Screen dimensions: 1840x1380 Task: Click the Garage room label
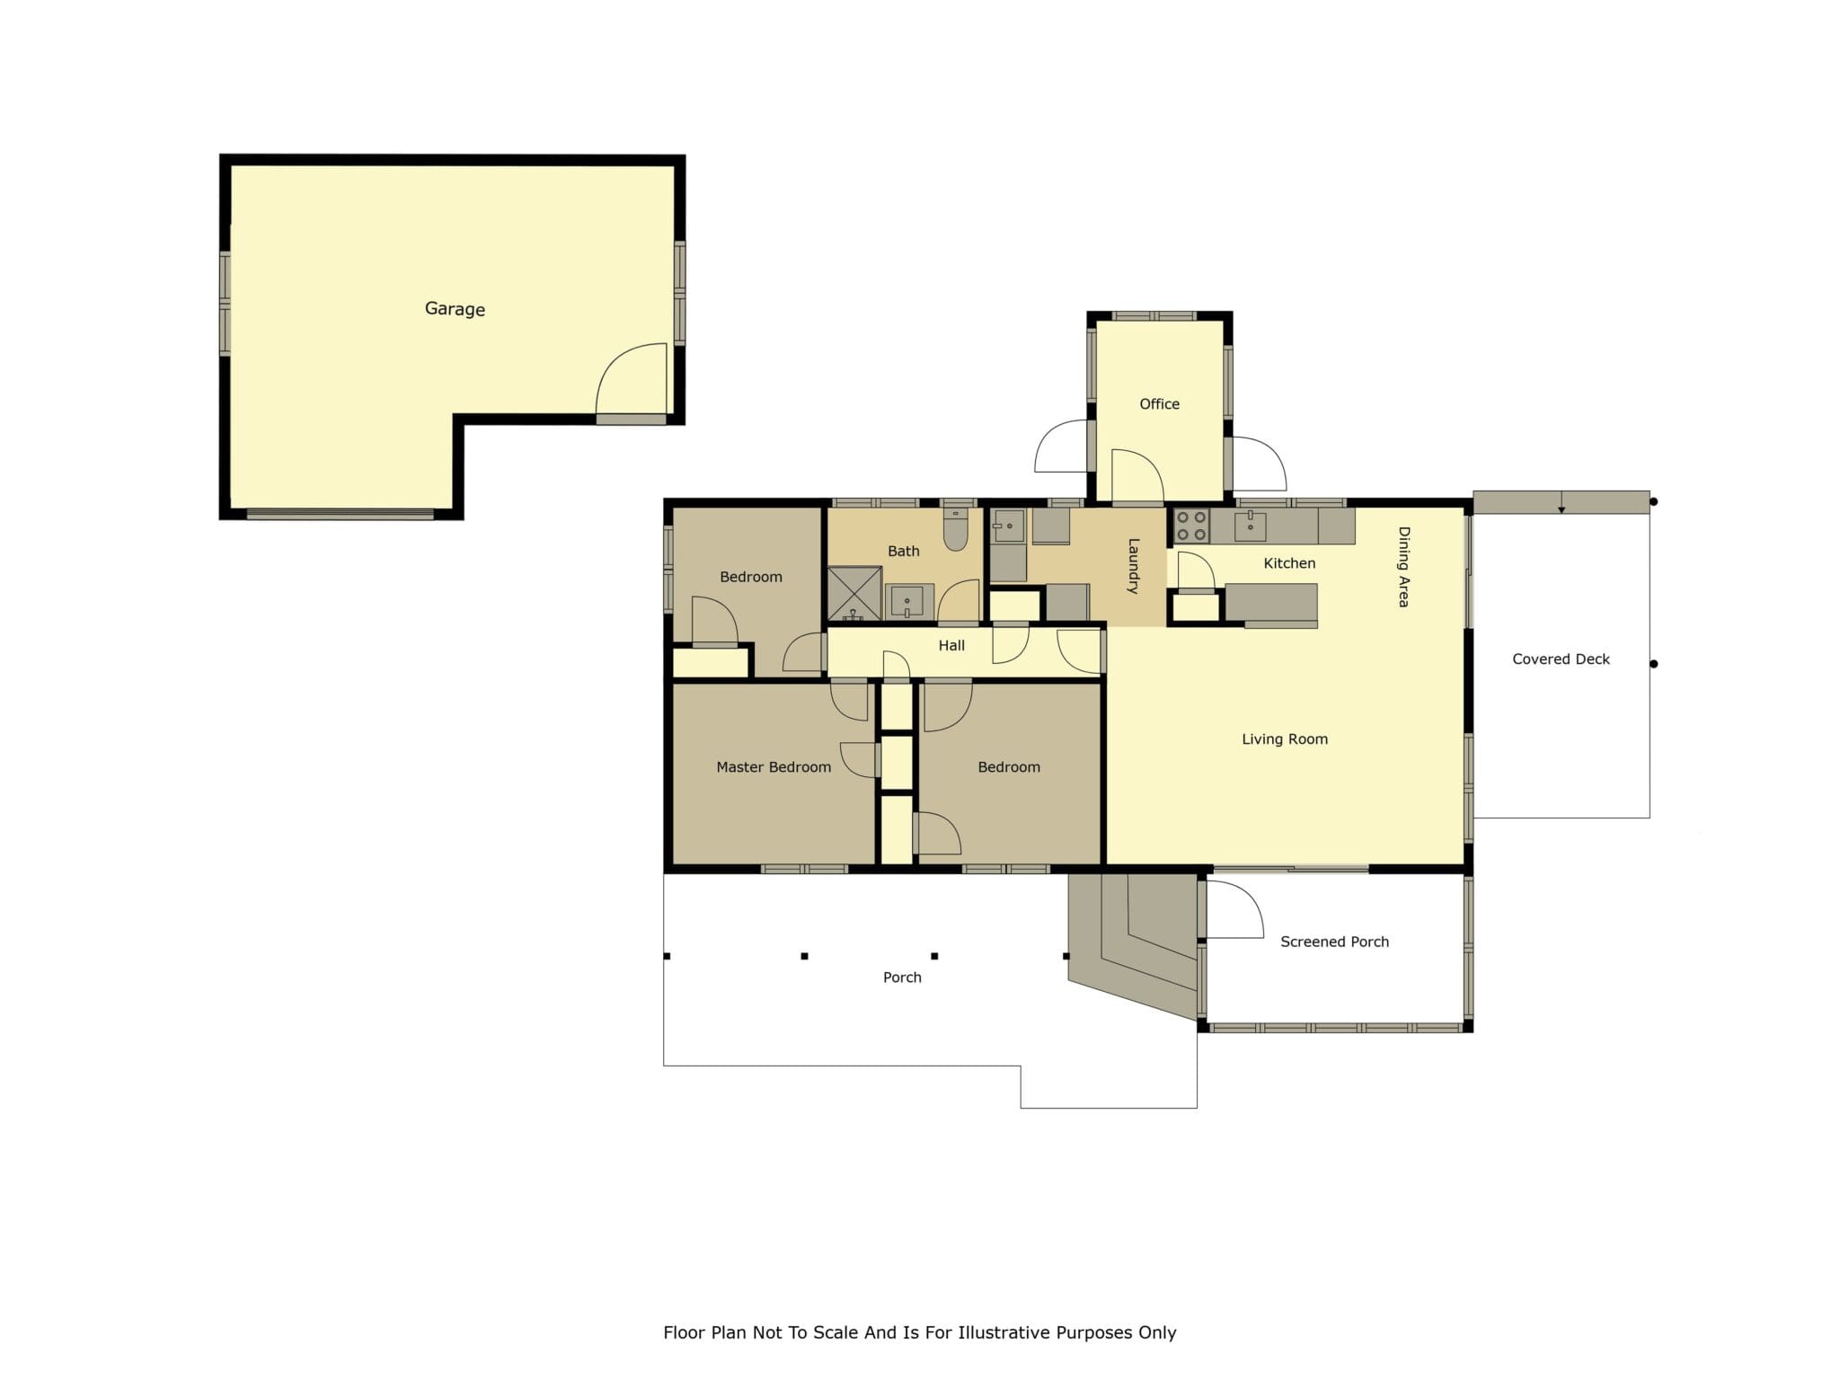click(455, 309)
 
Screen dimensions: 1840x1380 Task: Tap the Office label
click(1159, 404)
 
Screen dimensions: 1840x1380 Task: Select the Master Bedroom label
click(774, 767)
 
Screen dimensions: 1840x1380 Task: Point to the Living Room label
click(1285, 739)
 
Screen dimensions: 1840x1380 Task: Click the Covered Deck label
click(1561, 659)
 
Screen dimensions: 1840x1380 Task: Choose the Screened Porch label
click(1334, 942)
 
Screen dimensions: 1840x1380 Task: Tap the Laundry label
click(1133, 566)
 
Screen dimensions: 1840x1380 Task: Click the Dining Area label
click(1403, 567)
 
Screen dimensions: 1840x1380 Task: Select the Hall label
click(951, 645)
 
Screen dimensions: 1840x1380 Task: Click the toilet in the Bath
click(955, 529)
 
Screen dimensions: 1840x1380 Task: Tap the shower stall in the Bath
click(854, 593)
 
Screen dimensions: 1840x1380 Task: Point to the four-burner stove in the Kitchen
click(1191, 526)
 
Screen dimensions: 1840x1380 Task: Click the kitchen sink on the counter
click(1250, 526)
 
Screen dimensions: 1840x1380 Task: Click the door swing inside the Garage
click(632, 379)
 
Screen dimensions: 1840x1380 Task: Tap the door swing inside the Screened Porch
click(1235, 909)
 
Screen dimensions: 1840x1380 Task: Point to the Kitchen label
click(1289, 563)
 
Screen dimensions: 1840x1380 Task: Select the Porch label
click(902, 977)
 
